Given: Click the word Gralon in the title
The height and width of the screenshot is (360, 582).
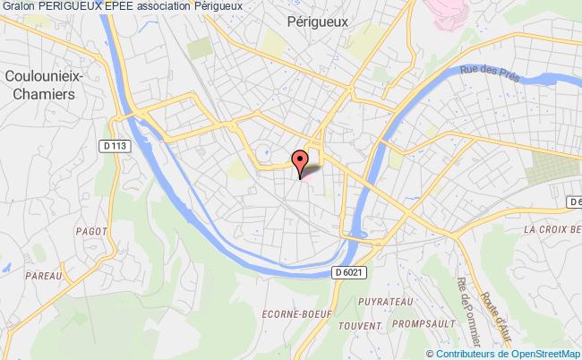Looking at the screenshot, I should pos(19,6).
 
